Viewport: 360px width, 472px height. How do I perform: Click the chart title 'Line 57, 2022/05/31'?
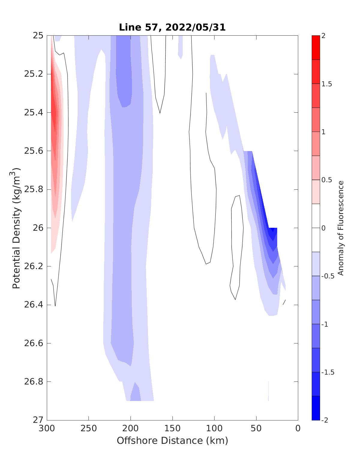tap(172, 27)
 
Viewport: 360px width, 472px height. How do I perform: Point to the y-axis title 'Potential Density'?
tap(16, 228)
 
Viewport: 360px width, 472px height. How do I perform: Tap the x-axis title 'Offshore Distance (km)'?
tap(172, 441)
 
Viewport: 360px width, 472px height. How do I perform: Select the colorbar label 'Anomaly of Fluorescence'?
tap(340, 228)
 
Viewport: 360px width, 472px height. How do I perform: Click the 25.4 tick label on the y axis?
tap(33, 113)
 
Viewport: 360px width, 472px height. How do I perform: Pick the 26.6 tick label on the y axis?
tap(33, 343)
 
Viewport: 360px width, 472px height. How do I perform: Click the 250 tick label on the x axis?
tap(89, 429)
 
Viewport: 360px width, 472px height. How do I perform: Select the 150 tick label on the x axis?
tap(172, 429)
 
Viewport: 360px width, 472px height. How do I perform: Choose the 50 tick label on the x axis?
tap(256, 429)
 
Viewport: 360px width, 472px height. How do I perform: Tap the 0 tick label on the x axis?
tap(298, 429)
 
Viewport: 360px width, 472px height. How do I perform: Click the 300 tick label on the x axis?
tap(47, 429)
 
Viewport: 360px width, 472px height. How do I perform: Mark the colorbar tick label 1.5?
tap(326, 84)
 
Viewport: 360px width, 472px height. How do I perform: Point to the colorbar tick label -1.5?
tap(327, 372)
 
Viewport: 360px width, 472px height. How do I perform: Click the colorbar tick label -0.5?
tap(327, 276)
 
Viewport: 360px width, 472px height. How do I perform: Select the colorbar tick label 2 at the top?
tap(323, 36)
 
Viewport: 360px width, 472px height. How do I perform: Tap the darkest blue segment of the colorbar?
tap(316, 408)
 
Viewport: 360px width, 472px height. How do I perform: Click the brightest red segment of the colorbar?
tap(316, 47)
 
